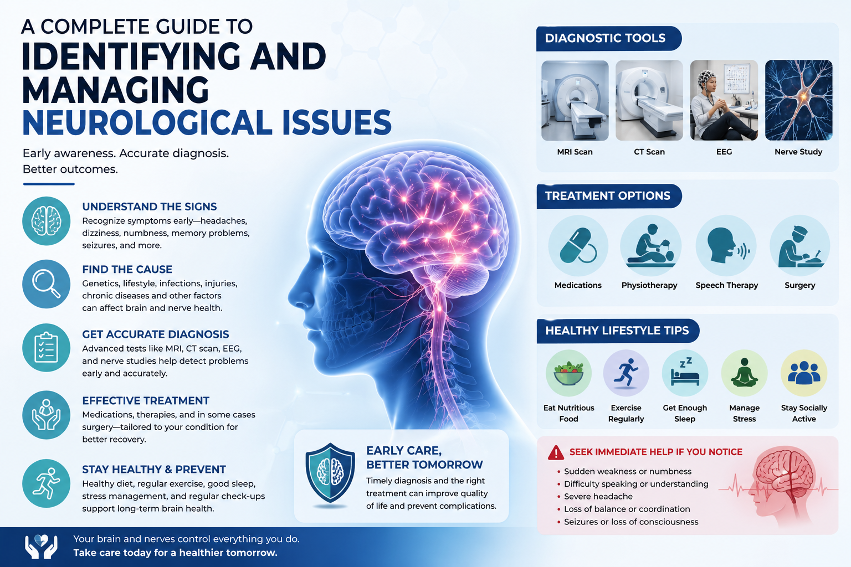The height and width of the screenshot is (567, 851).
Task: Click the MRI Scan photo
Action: point(575,100)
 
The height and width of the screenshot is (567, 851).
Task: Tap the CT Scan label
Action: point(649,152)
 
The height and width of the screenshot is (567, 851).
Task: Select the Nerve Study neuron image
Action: point(798,100)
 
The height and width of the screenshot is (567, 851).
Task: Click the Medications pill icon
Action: point(578,245)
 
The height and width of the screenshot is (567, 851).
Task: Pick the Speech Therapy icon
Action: point(726,245)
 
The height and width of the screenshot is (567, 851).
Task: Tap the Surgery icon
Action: point(799,245)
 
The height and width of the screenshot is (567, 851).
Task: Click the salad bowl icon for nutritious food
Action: point(568,373)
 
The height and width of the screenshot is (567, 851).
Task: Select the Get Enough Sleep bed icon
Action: point(685,373)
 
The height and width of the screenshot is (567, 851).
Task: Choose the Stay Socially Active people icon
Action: point(803,373)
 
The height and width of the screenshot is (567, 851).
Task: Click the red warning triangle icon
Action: point(556,453)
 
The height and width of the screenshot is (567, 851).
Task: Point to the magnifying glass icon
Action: point(47,283)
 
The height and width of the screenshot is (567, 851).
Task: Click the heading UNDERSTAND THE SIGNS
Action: point(150,207)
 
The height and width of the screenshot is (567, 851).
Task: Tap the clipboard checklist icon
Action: point(47,348)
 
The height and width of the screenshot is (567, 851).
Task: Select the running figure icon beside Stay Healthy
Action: point(47,483)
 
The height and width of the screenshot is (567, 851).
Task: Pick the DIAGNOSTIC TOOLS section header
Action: point(606,38)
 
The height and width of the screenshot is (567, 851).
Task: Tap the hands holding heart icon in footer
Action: point(41,546)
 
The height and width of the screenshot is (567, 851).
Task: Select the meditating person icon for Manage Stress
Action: point(744,373)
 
